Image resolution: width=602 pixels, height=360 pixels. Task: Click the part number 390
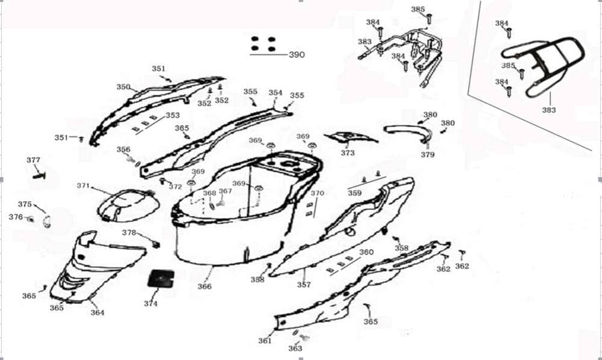[x=297, y=55]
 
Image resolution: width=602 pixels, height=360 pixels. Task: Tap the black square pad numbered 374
[x=161, y=279]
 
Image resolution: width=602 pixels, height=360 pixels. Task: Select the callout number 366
[x=205, y=287]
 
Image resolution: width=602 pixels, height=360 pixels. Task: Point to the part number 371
[x=83, y=186]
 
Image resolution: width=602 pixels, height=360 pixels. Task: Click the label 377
[x=33, y=160]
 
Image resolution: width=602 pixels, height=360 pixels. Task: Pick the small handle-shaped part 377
[x=39, y=176]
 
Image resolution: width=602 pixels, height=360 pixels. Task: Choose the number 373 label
[x=348, y=153]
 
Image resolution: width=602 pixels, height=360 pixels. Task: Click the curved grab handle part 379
[x=408, y=132]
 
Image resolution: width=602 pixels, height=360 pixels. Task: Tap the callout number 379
[x=427, y=155]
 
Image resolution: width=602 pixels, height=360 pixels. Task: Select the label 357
[x=304, y=285]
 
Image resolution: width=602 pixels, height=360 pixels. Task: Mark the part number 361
[x=264, y=340]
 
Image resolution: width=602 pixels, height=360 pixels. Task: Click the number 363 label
[x=295, y=349]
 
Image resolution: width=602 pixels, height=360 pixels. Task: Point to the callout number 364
[x=98, y=313]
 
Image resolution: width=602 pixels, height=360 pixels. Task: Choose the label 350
[x=123, y=87]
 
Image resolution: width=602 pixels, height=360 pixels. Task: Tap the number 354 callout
[x=275, y=93]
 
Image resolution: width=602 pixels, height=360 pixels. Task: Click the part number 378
[x=129, y=233]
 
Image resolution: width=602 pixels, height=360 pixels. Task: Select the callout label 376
[x=16, y=217]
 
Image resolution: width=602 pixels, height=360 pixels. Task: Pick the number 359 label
[x=355, y=193]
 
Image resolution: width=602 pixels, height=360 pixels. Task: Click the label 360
[x=366, y=252]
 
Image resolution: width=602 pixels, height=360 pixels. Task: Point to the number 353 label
[x=173, y=115]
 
